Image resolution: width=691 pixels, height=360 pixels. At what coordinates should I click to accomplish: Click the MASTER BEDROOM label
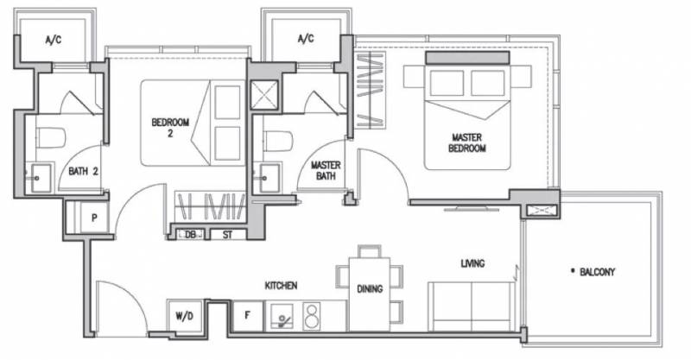point(466,142)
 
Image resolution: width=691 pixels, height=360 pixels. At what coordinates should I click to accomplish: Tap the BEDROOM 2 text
point(170,127)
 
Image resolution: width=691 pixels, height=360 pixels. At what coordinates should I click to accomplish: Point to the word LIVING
point(472,263)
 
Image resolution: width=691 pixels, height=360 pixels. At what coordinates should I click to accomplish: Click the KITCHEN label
point(281,286)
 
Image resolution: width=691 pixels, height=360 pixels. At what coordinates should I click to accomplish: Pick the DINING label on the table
point(370,289)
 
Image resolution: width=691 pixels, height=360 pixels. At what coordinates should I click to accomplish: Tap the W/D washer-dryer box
point(185,315)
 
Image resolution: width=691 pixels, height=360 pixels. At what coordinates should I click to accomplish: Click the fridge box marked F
point(248,315)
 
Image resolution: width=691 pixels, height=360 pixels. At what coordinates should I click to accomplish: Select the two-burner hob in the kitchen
point(312,316)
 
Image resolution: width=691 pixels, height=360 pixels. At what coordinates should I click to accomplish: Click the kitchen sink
point(282,316)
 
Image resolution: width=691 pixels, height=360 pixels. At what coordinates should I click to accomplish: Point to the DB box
point(190,235)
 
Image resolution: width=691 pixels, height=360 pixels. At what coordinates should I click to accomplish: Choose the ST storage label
point(227,235)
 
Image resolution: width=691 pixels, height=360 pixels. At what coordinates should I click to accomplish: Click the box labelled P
point(94,218)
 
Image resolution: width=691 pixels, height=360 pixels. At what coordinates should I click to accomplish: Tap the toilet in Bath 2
point(50,138)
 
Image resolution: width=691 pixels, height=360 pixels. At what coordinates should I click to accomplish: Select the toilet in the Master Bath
point(278,141)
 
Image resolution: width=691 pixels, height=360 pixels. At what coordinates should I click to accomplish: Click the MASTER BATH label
point(326,171)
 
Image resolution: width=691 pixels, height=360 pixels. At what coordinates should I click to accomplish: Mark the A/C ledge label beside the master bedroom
point(306,39)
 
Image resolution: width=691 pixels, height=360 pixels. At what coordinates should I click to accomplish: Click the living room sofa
point(472,306)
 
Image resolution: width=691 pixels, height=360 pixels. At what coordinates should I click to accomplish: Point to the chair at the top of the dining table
point(370,251)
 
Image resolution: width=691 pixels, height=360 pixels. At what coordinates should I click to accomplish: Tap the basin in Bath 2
point(39,178)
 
